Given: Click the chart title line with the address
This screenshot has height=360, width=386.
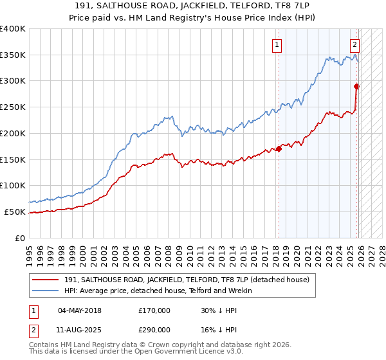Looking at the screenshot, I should pos(192,5).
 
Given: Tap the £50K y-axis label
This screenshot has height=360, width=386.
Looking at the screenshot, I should pos(15,212).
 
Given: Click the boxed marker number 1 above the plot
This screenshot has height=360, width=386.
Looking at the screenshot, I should pos(277,44).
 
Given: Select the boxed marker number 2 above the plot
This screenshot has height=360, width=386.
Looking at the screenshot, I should pos(354,44).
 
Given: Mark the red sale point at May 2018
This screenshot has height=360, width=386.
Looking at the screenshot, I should pos(279,149).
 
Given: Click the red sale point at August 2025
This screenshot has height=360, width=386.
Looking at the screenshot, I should pos(356,86).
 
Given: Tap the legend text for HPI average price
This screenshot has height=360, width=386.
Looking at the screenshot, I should pos(160,291).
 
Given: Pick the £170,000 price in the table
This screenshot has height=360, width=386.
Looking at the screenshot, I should pos(154,310).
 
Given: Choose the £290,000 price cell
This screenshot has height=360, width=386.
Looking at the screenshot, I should pos(154,329).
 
